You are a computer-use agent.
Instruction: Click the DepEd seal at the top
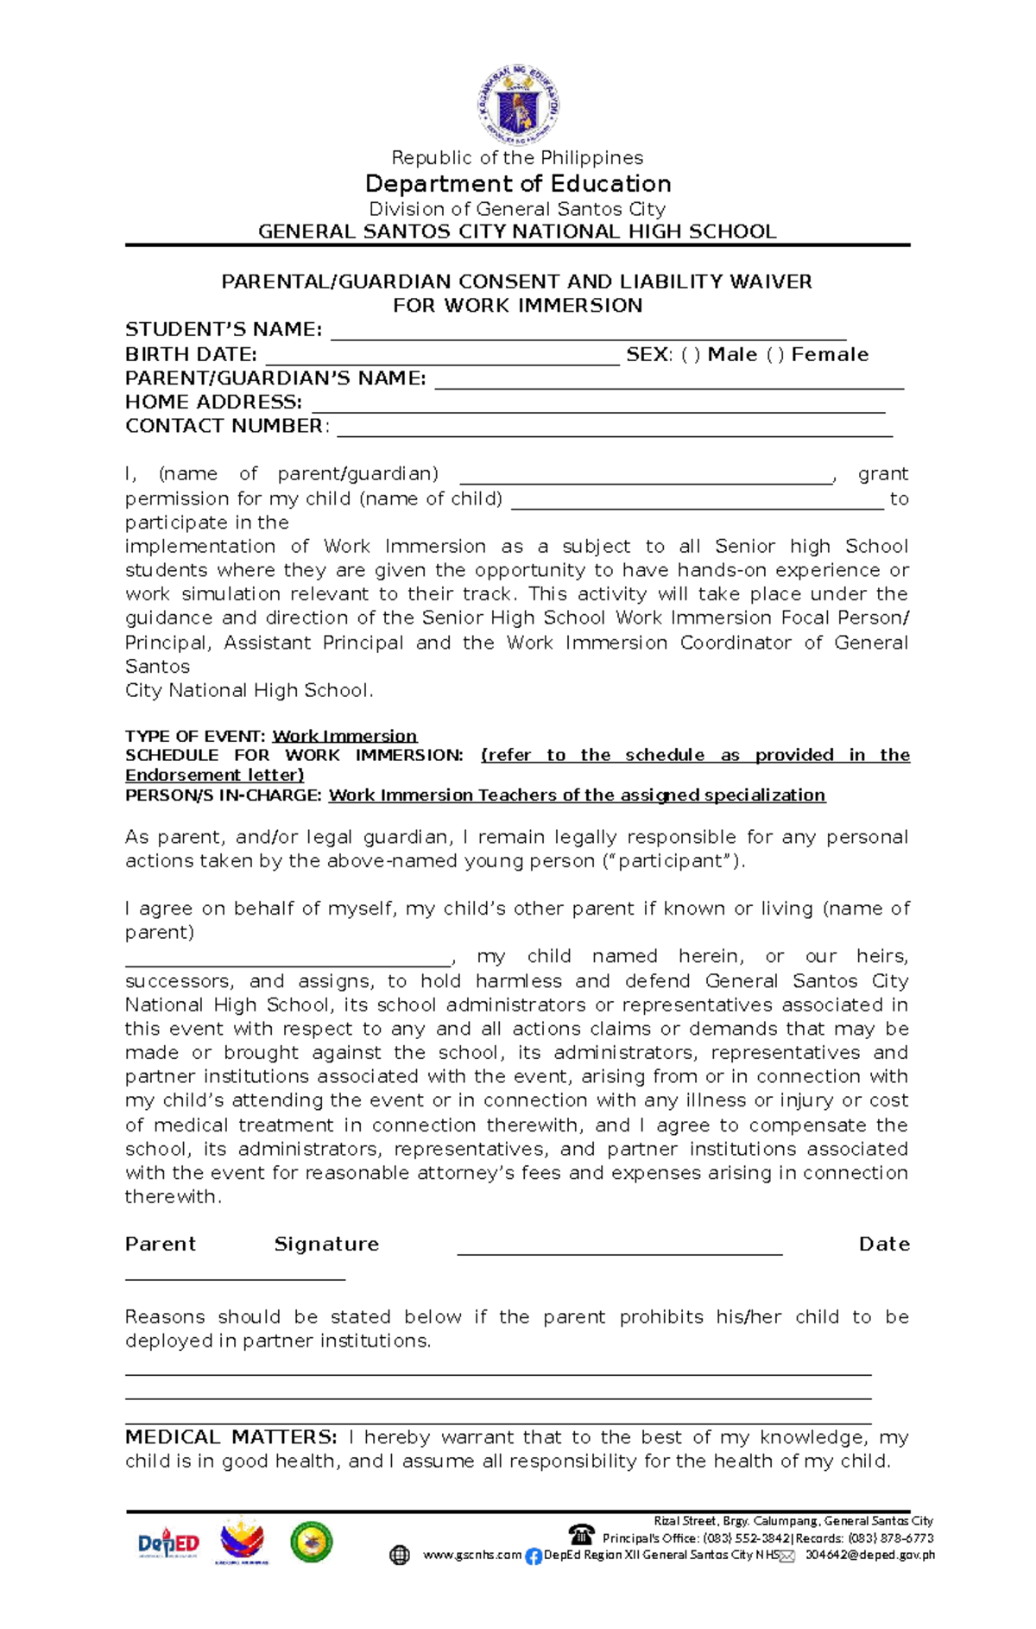coord(518,105)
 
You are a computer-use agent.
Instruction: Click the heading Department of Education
coord(518,184)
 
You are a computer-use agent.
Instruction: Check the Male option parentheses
coord(690,355)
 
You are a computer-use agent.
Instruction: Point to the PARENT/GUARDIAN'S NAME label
coord(275,378)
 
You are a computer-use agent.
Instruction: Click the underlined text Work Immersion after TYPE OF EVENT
coord(344,736)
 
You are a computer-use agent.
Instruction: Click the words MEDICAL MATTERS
coord(231,1437)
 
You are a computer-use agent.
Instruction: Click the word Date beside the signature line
coord(883,1244)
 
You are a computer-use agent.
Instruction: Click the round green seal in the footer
coord(311,1542)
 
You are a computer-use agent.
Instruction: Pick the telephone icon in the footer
coord(582,1534)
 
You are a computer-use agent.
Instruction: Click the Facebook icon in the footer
coord(534,1556)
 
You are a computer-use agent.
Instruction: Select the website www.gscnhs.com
coord(471,1555)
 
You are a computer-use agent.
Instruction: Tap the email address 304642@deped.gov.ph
coord(869,1555)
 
